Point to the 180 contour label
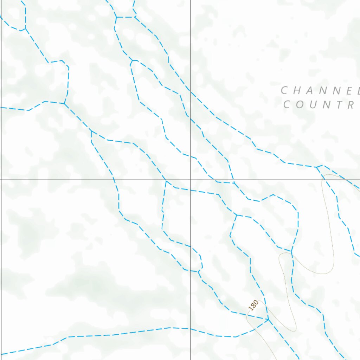pos(253,305)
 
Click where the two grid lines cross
pos(191,179)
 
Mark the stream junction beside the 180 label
pos(268,319)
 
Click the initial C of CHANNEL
pos(285,90)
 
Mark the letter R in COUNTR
pos(351,105)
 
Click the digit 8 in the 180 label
pos(253,305)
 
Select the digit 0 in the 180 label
pos(256,302)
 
